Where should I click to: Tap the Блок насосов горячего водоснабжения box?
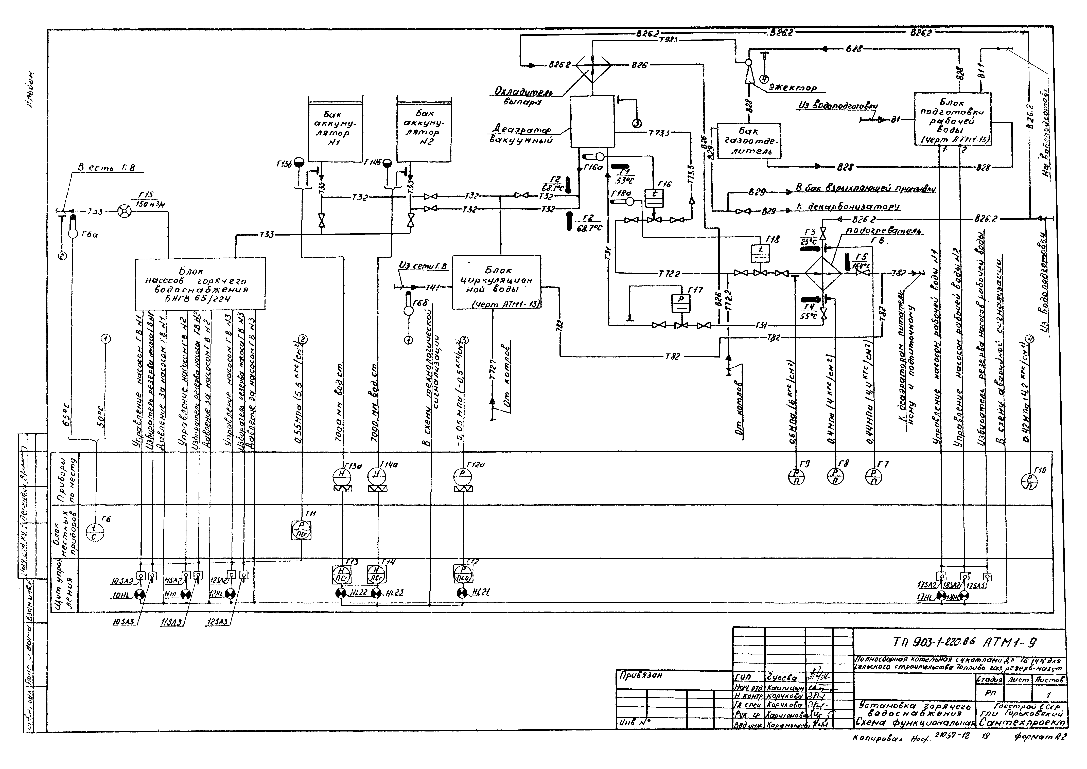pos(200,284)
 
